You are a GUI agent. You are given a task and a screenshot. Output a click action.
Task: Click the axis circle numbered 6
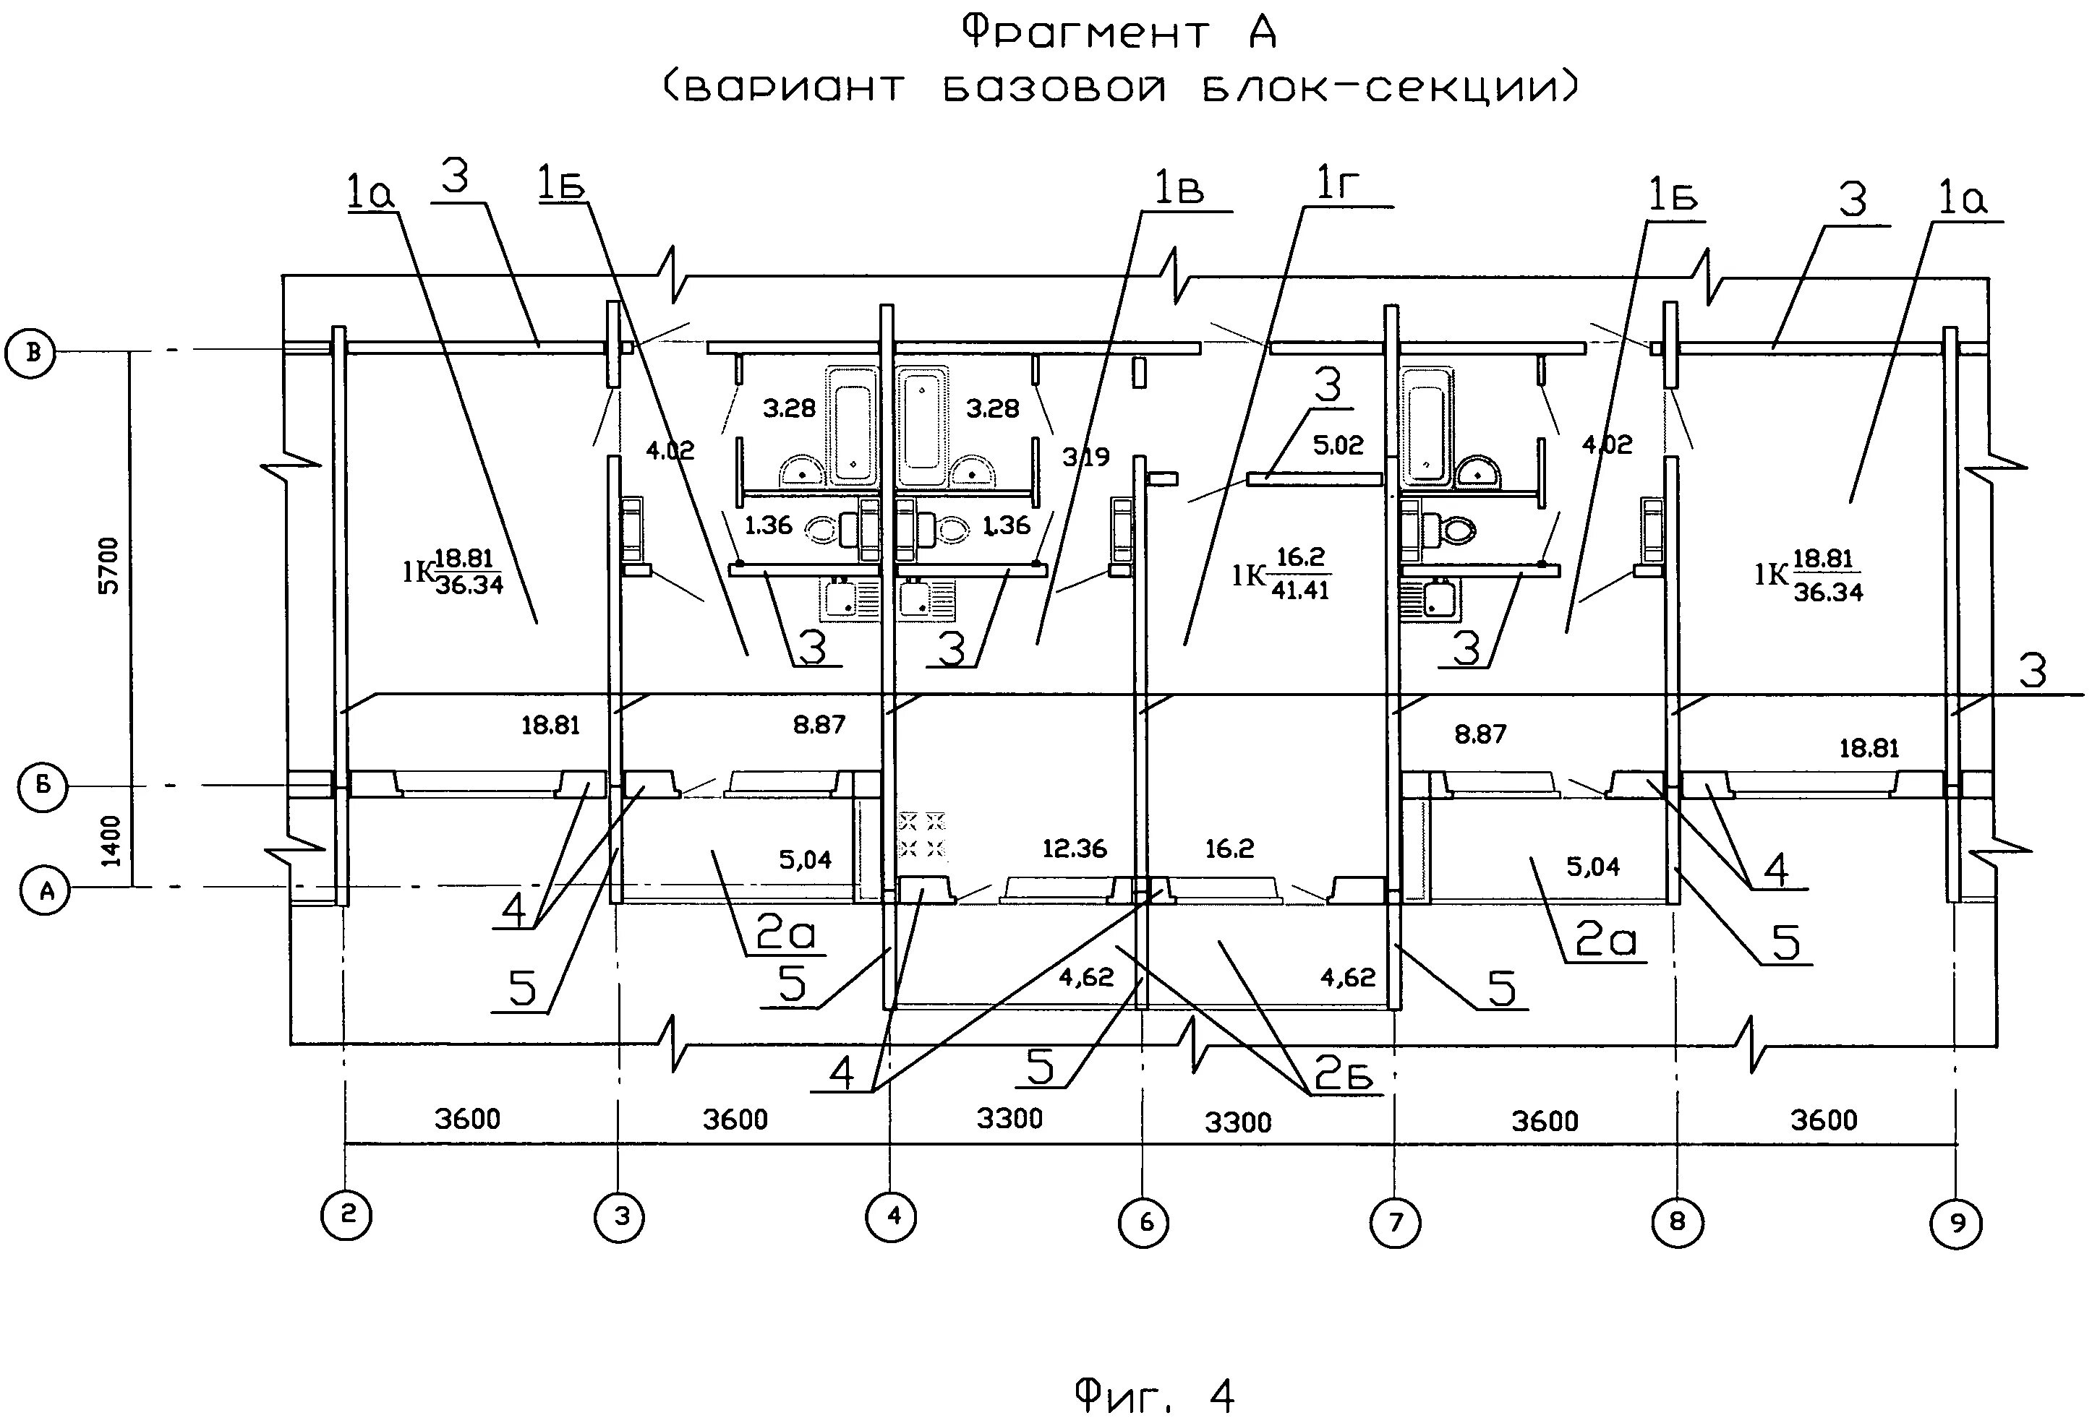coord(1143,1222)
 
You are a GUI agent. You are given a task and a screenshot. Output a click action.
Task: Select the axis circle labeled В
coord(30,352)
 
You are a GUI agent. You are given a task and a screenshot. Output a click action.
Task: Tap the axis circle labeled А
coord(44,890)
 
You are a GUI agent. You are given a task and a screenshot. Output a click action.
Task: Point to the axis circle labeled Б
coord(43,786)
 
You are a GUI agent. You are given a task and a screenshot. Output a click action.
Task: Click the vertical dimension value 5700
coord(108,565)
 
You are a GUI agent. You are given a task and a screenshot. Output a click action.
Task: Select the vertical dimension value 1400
coord(110,841)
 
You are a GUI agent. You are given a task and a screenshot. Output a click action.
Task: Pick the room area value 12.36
coord(1074,848)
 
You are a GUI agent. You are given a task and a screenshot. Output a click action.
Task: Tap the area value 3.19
coord(1085,457)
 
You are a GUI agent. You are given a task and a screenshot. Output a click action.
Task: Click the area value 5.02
coord(1338,445)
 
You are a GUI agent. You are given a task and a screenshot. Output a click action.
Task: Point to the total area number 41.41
coord(1300,590)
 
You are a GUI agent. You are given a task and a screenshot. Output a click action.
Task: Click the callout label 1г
coord(1337,184)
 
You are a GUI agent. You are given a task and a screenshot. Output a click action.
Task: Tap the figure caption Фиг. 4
coord(1154,1371)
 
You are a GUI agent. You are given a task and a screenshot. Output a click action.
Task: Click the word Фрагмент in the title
coord(1085,33)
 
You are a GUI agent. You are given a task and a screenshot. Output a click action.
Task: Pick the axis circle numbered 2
coord(346,1216)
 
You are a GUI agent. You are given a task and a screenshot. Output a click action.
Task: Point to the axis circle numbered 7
coord(1395,1222)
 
